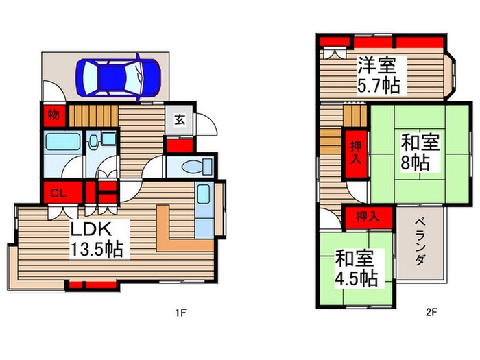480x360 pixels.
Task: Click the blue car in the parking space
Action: coord(119,77)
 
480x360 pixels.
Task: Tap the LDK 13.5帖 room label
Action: coord(97,239)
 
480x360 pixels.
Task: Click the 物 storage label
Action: coord(53,115)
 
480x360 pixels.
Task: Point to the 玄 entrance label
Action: coord(180,119)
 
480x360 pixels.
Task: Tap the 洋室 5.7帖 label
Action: coord(379,75)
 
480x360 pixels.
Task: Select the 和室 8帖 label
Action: coord(420,152)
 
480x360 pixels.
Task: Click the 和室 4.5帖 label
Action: coord(356,268)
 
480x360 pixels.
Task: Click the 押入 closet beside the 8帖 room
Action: coord(355,154)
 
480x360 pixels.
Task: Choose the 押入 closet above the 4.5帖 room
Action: coord(368,217)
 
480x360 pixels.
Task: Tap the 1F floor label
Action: coord(180,313)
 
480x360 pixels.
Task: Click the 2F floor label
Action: coord(431,312)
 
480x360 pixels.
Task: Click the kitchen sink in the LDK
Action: coord(204,194)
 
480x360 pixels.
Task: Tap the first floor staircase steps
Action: coord(93,116)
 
